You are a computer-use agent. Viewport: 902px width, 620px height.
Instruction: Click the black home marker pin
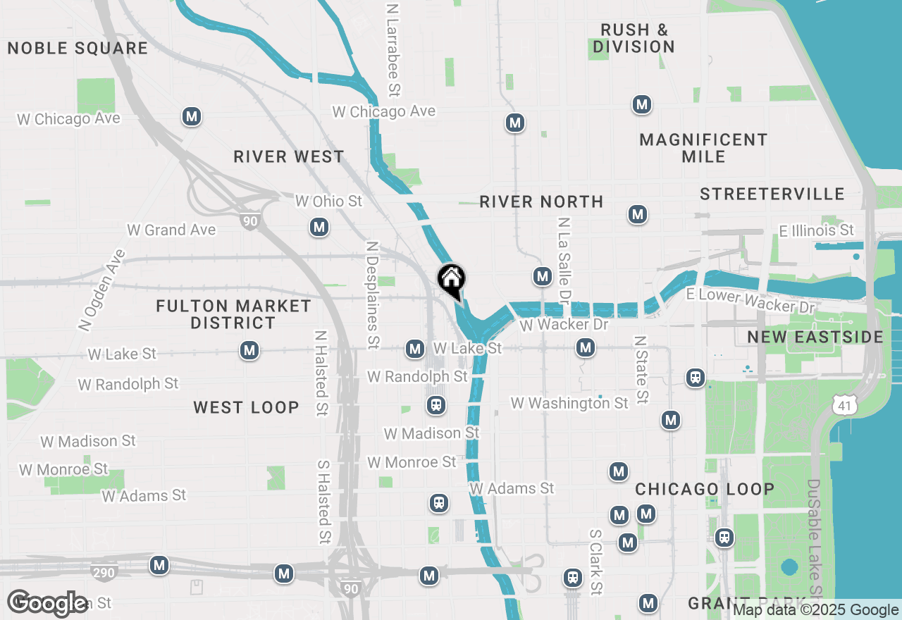(x=451, y=280)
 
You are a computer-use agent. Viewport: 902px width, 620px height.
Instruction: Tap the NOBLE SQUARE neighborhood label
(x=78, y=49)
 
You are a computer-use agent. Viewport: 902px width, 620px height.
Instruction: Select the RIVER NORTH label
(x=541, y=202)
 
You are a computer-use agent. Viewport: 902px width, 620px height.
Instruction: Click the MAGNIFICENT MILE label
(x=703, y=148)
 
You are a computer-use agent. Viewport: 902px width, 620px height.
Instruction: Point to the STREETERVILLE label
(x=772, y=194)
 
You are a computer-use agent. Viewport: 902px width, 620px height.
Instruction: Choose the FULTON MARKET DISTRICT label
(x=233, y=314)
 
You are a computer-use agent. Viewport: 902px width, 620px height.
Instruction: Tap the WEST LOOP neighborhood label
(x=246, y=407)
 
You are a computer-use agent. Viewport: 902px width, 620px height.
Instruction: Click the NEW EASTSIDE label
(x=815, y=337)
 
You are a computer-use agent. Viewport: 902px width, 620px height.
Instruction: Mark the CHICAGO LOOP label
(x=705, y=489)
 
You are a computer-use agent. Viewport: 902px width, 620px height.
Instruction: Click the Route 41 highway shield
(x=844, y=404)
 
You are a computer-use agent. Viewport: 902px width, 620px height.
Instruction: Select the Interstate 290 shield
(x=104, y=572)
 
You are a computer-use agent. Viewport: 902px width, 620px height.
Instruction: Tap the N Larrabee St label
(x=393, y=49)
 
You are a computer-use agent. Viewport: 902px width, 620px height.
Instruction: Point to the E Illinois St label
(x=816, y=230)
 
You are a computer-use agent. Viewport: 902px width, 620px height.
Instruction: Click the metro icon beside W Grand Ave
(x=319, y=227)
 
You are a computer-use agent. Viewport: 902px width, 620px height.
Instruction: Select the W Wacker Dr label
(x=564, y=325)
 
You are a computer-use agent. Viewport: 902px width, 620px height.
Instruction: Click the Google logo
(x=48, y=603)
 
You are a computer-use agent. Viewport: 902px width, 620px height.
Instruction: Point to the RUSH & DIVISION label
(x=634, y=39)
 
